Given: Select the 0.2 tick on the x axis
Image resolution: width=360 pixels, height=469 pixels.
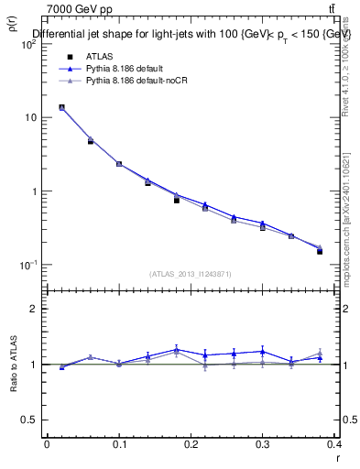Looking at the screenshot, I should tap(191, 444).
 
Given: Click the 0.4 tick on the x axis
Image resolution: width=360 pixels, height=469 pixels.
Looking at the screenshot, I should tap(335, 444).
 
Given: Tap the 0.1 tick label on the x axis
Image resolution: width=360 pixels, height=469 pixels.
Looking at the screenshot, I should tap(119, 444).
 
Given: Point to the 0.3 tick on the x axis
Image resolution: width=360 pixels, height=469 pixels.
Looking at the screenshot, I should tap(263, 444).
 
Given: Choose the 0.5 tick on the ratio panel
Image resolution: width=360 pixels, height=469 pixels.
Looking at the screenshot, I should tap(31, 420).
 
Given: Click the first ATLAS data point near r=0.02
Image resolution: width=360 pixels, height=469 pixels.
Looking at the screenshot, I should tap(61, 107).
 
